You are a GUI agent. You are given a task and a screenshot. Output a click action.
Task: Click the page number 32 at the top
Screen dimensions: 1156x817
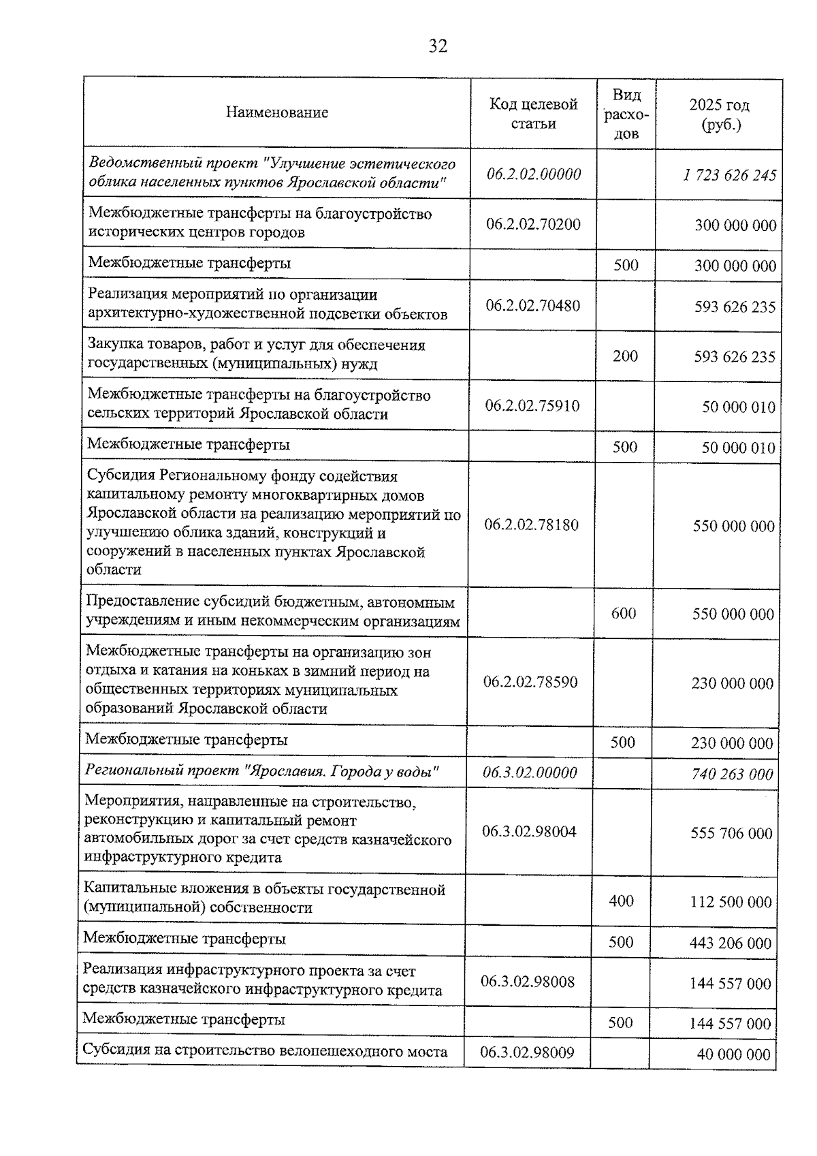coord(438,46)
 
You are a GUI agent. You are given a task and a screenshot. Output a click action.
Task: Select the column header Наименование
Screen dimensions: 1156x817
coord(276,112)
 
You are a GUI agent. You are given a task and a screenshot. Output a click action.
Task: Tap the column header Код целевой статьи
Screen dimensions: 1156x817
coord(533,113)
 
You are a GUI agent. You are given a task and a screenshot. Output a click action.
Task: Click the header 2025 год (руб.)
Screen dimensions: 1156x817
coord(719,114)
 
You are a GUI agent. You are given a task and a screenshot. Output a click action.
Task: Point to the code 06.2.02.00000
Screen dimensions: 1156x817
coord(533,174)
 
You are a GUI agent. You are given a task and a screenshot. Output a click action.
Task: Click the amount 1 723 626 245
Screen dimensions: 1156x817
coord(729,175)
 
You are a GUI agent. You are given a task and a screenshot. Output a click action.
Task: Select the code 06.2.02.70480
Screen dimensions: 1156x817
coord(532,305)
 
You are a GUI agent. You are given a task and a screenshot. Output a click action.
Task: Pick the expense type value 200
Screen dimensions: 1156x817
coord(625,355)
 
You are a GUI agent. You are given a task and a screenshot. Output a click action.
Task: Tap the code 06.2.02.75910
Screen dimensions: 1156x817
coord(532,406)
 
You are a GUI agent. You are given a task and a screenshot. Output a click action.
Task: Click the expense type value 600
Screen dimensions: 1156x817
coord(623,613)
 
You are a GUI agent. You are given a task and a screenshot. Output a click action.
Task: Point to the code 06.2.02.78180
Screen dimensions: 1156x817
coord(531,525)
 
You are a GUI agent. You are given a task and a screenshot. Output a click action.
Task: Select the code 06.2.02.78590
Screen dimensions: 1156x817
coord(530,682)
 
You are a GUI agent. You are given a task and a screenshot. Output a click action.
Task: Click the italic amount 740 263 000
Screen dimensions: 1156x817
coord(732,774)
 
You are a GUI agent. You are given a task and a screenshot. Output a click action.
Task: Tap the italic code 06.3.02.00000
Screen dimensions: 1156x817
coord(529,772)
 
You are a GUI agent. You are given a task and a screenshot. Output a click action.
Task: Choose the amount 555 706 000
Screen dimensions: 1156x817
coord(731,833)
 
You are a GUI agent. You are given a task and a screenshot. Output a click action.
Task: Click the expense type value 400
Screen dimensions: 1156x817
coord(621,901)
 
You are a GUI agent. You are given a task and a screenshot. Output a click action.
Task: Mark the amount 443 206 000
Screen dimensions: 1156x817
coord(731,943)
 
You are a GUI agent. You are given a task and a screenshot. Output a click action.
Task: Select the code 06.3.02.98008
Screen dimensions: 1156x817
coord(528,982)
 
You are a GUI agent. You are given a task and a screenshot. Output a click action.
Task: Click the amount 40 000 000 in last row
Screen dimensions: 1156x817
coord(733,1054)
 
